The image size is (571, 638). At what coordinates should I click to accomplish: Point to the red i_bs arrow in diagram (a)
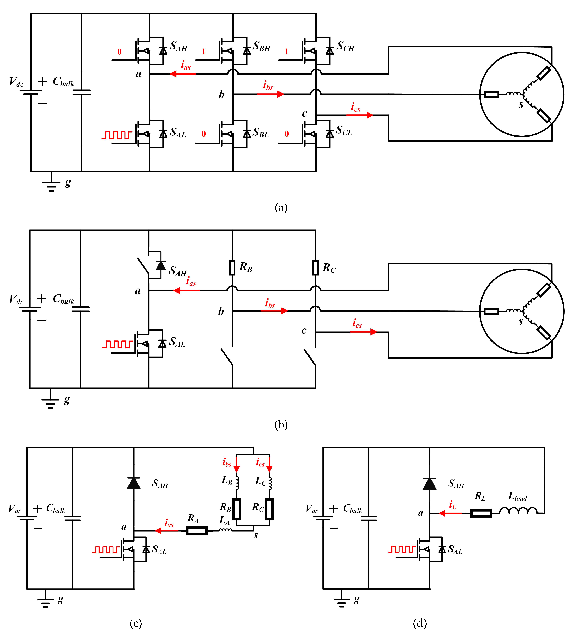point(270,94)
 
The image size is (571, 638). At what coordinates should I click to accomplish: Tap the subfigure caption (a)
point(281,208)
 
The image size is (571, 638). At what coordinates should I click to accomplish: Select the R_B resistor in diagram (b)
point(232,267)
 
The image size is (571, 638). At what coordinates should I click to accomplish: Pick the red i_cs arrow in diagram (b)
point(363,332)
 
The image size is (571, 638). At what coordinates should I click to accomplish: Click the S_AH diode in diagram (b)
point(161,266)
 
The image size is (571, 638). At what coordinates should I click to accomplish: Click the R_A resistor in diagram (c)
point(197,531)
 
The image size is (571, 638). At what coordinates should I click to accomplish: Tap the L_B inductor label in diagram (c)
point(227,480)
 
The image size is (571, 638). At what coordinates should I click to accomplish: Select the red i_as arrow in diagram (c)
point(167,531)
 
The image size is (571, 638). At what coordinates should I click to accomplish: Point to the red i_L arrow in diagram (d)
point(450,513)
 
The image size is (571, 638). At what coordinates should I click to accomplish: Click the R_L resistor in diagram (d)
point(481,513)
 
